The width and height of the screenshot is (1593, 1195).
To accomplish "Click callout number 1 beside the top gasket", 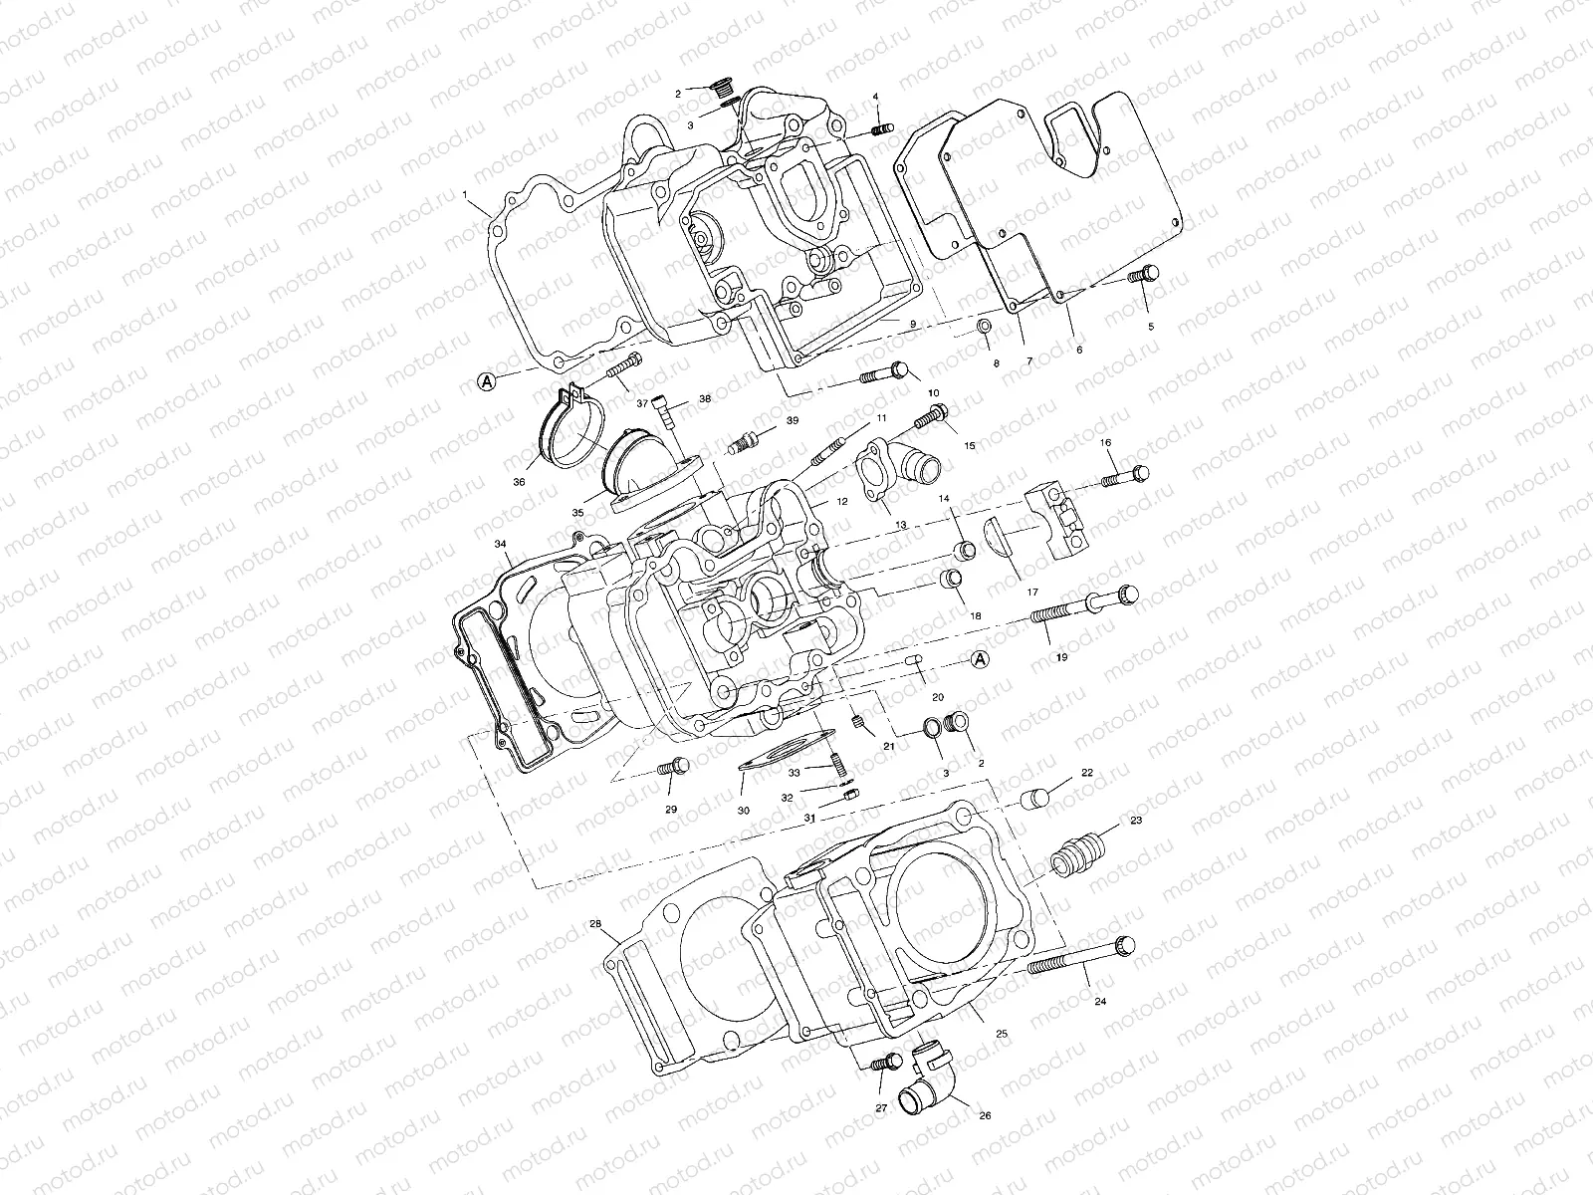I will click(x=465, y=196).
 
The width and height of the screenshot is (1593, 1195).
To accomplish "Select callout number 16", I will click(x=1105, y=441).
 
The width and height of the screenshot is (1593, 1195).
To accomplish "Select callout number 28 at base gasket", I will click(x=595, y=924).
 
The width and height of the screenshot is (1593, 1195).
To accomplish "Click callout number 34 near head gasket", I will click(x=500, y=544).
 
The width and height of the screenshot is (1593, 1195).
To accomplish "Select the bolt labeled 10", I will click(x=885, y=374).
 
